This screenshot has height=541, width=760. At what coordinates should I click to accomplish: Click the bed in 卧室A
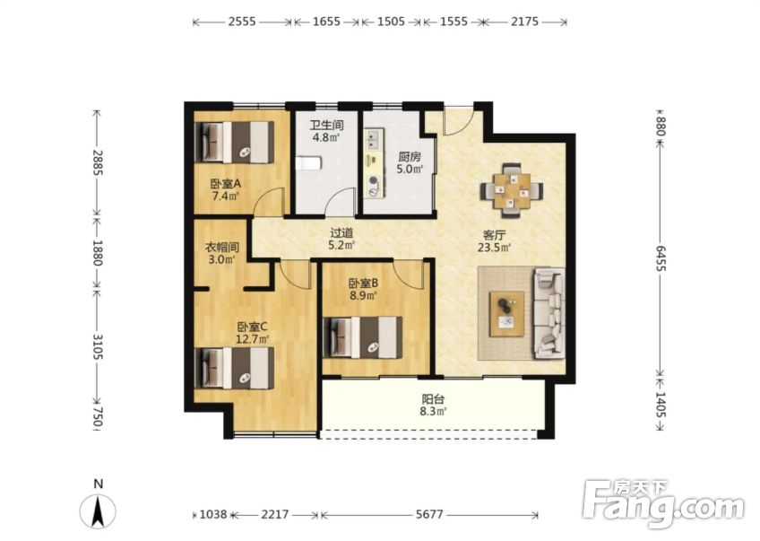pyautogui.click(x=234, y=142)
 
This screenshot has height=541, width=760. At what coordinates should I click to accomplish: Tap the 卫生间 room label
pyautogui.click(x=327, y=126)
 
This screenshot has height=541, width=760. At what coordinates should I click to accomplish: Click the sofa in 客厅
pyautogui.click(x=549, y=313)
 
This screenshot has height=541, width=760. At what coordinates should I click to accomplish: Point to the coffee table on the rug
pyautogui.click(x=506, y=313)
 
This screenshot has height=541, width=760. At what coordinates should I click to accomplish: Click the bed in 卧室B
pyautogui.click(x=363, y=337)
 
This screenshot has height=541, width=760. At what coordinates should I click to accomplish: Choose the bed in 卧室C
pyautogui.click(x=234, y=368)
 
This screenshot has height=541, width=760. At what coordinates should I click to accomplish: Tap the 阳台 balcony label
pyautogui.click(x=433, y=400)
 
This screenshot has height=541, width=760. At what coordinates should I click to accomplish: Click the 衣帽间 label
pyautogui.click(x=222, y=248)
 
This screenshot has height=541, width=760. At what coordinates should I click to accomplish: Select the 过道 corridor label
pyautogui.click(x=341, y=233)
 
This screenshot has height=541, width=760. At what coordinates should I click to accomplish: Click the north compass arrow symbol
pyautogui.click(x=98, y=511)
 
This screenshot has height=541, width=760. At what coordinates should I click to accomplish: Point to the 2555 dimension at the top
pyautogui.click(x=242, y=22)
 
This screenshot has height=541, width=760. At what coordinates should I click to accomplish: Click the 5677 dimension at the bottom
pyautogui.click(x=429, y=514)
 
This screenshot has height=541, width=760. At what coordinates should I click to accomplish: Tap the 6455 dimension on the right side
pyautogui.click(x=661, y=258)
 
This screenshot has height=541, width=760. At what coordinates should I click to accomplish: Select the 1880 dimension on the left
pyautogui.click(x=98, y=253)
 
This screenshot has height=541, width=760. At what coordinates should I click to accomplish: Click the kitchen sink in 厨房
pyautogui.click(x=373, y=139)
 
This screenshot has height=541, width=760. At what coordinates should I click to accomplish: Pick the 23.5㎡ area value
pyautogui.click(x=495, y=248)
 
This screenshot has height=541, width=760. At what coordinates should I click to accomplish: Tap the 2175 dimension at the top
pyautogui.click(x=525, y=22)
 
